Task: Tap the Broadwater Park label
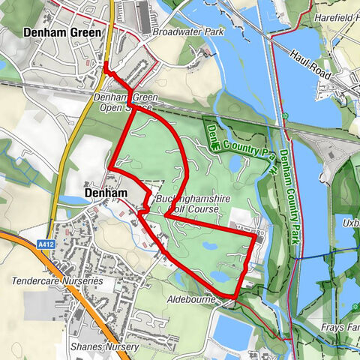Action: [x=178, y=33]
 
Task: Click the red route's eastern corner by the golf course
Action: [x=254, y=235]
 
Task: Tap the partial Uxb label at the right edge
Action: [x=350, y=226]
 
